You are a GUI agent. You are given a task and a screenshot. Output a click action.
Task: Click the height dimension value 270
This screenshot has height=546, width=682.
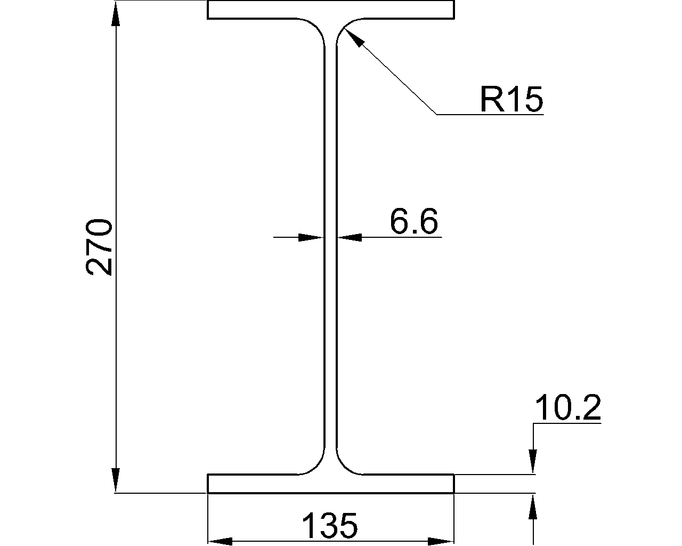coord(99,246)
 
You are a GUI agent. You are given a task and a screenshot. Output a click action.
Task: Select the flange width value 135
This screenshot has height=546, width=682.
coord(330,526)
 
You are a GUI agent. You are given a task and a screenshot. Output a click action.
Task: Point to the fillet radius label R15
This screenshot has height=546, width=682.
coord(511,99)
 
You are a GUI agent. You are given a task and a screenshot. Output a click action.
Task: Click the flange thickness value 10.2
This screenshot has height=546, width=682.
coord(567,408)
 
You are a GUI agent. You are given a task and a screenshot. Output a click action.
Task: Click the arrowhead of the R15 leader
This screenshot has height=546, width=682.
coord(353,38)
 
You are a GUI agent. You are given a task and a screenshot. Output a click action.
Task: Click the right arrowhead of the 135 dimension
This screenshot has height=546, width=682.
coord(441,541)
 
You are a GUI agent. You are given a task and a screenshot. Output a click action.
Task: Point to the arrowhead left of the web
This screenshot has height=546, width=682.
coord(311,237)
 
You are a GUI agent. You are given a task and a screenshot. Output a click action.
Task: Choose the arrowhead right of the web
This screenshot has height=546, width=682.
coord(350,237)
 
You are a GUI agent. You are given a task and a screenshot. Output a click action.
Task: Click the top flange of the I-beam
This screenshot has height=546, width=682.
coord(330,10)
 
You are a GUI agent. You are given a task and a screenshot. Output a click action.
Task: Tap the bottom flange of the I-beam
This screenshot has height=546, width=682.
coord(330,484)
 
